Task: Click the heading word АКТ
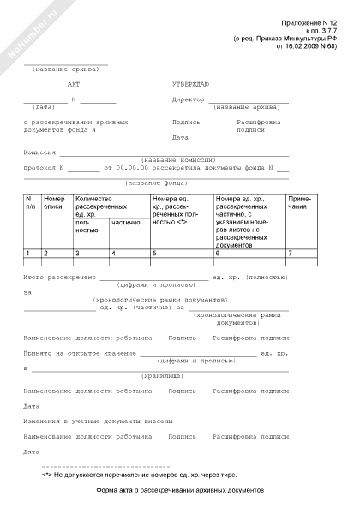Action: [x=72, y=86]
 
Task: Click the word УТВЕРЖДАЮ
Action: [x=190, y=86]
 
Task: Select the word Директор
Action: [x=188, y=100]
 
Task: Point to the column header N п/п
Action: [x=31, y=203]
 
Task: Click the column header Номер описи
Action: [x=54, y=203]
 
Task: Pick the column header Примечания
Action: [x=301, y=203]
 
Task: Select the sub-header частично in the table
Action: [x=125, y=222]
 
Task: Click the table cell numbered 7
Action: [x=290, y=254]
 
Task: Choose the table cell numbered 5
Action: [x=154, y=254]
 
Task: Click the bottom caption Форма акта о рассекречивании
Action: [x=181, y=491]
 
